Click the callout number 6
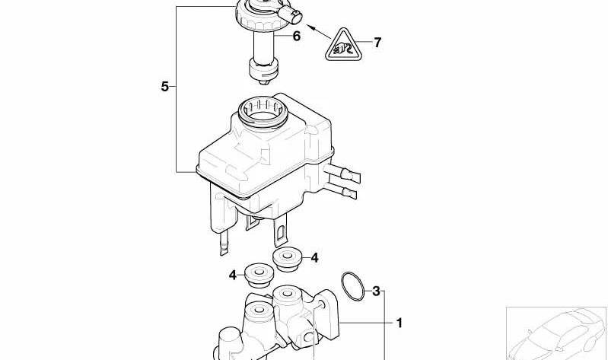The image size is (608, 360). click(296, 37)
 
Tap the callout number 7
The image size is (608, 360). click(377, 43)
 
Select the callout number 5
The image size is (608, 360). click(165, 87)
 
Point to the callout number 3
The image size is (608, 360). click(376, 291)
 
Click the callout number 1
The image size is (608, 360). click(399, 323)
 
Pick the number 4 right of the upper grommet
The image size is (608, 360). click(314, 257)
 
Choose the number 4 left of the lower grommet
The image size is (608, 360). click(232, 275)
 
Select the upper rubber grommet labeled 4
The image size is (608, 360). click(288, 260)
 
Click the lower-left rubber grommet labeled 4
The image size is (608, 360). click(259, 275)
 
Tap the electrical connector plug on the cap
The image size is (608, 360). click(290, 14)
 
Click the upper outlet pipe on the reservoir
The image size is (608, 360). click(342, 173)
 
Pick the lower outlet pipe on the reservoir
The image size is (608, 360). click(340, 190)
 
